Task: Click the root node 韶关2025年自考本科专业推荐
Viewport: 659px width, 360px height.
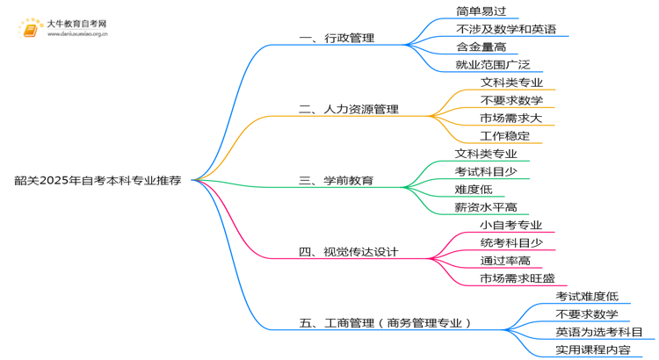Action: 98,180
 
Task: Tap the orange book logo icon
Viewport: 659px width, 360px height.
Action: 31,29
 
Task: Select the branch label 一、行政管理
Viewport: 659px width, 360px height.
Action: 337,39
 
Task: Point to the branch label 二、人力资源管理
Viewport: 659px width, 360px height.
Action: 349,109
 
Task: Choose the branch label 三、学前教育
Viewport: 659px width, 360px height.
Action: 337,181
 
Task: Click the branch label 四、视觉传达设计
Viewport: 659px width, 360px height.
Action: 349,252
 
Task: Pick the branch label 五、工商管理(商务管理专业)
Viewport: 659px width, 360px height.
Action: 385,323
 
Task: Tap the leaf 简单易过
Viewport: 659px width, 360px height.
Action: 482,11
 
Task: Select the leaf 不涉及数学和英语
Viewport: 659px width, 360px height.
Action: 506,29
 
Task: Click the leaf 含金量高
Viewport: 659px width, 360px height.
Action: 482,47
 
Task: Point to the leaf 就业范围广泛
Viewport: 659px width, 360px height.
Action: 493,65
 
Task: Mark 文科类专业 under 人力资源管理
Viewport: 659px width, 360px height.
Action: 511,83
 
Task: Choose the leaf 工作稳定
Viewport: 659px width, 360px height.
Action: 504,136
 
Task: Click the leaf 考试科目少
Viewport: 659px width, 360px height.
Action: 486,171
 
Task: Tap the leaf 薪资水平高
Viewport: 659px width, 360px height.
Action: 486,207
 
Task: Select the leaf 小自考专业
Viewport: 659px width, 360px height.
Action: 511,225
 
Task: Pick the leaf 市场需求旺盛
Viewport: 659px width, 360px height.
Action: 518,278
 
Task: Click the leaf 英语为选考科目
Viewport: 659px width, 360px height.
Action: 599,332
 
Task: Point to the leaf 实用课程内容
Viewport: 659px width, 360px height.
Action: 593,350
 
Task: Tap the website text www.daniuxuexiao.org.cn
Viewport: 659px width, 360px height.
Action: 77,34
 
